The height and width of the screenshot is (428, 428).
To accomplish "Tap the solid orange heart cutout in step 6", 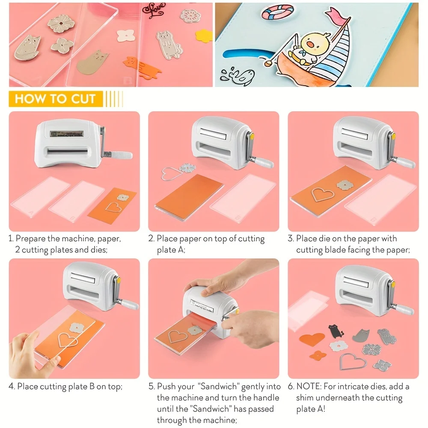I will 312,340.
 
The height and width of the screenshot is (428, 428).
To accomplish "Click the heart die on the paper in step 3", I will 323,193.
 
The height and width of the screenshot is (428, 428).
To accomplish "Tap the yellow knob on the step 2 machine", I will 252,137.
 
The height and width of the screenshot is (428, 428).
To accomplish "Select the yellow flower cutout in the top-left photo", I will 204,35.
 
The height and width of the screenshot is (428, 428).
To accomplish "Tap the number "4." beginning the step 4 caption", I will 12,386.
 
